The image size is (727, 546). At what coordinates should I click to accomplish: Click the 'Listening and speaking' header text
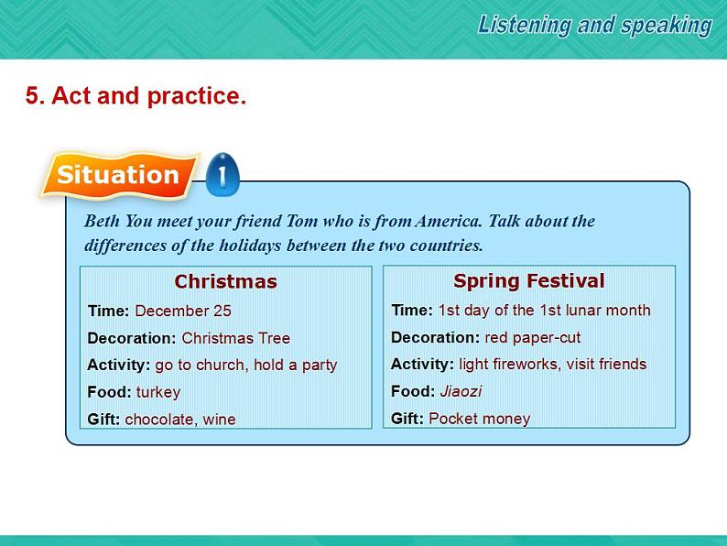point(594,26)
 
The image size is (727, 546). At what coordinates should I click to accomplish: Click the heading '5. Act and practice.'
point(136,96)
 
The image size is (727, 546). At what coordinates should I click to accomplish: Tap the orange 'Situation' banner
point(118,175)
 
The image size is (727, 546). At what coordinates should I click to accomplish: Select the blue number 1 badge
point(222,174)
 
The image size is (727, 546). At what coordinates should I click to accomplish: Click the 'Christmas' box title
point(225,281)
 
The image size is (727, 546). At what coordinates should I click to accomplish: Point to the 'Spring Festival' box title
point(529,280)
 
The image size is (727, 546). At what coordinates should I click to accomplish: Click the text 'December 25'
point(183,311)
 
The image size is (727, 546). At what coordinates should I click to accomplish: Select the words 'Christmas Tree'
point(235,338)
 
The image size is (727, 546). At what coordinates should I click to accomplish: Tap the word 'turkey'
point(158,392)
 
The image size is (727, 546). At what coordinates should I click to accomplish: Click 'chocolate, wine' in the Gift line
point(180,420)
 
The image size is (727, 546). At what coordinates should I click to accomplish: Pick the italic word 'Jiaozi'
point(461,391)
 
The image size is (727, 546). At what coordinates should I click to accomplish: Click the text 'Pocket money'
point(479,419)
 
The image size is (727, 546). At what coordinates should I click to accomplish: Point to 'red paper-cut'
point(532,337)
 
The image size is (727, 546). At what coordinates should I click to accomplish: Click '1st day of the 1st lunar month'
point(544,310)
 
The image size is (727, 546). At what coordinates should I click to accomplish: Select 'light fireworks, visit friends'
point(552,364)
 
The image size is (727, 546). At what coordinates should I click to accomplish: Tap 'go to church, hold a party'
point(245,365)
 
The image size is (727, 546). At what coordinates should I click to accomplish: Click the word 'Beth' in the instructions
point(101,221)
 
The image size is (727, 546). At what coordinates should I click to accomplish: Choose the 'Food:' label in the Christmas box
point(110,392)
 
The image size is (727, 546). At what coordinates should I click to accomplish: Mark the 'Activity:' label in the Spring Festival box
point(422,364)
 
